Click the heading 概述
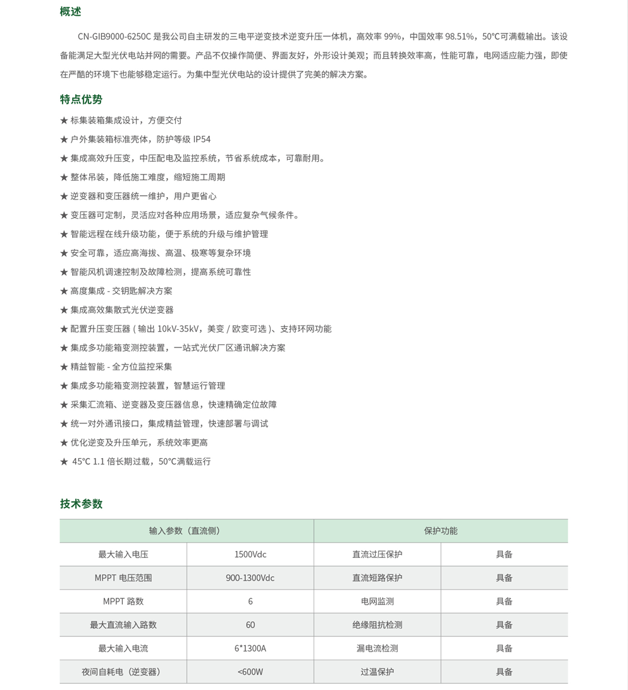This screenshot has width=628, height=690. (x=71, y=11)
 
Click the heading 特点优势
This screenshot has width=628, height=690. (x=81, y=99)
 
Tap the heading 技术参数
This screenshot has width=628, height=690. (x=81, y=504)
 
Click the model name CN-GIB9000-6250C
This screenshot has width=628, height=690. (x=114, y=37)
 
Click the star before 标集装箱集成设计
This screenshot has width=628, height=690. (x=64, y=120)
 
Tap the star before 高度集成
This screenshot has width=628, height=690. (x=64, y=291)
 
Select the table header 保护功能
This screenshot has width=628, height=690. (x=440, y=531)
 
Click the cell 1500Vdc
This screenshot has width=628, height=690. (x=250, y=554)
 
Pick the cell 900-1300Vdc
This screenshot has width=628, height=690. (x=250, y=578)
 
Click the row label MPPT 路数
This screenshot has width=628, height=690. (x=123, y=601)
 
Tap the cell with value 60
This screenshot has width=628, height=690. (x=250, y=624)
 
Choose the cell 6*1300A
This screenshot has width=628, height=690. (x=250, y=648)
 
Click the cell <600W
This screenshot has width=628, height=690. (x=250, y=671)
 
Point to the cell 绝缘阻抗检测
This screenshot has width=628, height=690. (x=377, y=624)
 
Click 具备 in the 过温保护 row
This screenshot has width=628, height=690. (x=504, y=671)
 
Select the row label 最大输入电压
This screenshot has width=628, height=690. (x=123, y=554)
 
